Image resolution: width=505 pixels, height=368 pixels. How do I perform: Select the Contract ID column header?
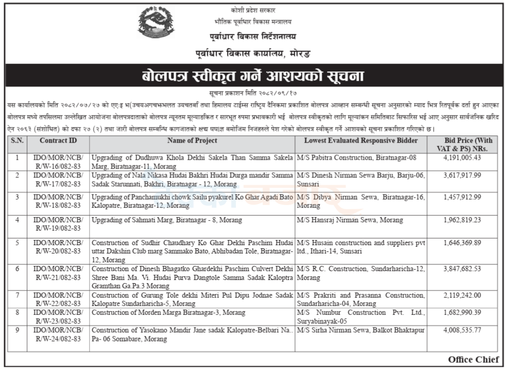(58, 141)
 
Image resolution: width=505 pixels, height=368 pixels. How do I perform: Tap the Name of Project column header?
(192, 141)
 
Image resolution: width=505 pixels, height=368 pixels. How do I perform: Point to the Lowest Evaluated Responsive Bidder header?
(361, 141)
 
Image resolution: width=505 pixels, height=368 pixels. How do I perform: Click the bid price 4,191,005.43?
(462, 157)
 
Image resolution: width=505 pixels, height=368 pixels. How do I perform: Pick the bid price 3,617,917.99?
(462, 175)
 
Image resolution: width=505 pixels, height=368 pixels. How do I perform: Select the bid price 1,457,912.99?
(462, 197)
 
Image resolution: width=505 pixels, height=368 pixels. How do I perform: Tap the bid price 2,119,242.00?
(462, 295)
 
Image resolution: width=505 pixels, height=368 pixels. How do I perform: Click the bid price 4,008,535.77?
(462, 330)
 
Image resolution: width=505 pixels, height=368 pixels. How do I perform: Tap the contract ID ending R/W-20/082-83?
(58, 246)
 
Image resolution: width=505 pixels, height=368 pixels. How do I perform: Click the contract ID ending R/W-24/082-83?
(58, 334)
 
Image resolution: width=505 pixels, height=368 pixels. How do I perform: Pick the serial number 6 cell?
(17, 269)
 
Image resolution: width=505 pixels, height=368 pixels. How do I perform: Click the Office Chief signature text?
(473, 360)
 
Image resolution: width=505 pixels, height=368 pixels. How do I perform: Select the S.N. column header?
(17, 141)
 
